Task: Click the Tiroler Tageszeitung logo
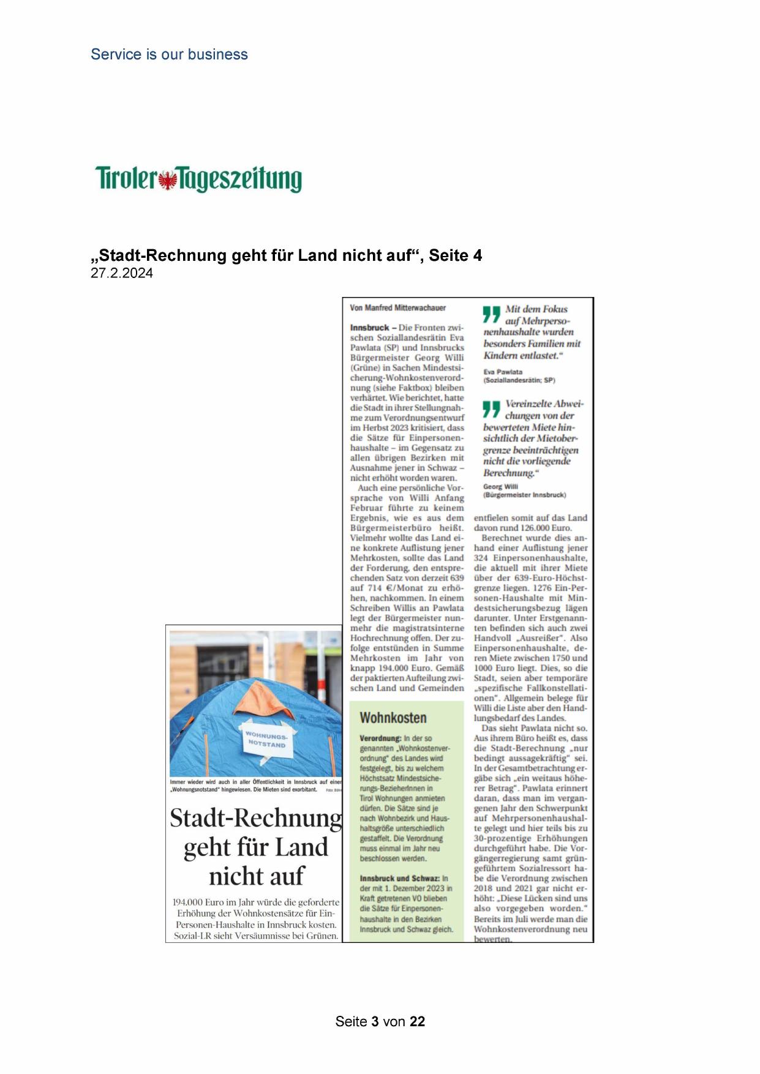[198, 179]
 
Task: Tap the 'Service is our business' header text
[169, 54]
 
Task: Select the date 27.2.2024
[122, 274]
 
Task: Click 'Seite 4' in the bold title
[455, 255]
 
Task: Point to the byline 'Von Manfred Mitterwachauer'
[397, 308]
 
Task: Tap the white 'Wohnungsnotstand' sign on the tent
[266, 739]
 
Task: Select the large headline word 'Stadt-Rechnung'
[255, 818]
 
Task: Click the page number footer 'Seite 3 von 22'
[380, 1021]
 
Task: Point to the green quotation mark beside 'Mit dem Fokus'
[491, 314]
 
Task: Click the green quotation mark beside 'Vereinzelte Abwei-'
[491, 408]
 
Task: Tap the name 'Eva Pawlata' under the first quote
[503, 372]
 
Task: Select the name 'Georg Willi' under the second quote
[500, 487]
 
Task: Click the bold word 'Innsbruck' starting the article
[369, 328]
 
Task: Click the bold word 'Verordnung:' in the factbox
[380, 738]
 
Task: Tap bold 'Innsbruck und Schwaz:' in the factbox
[399, 878]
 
